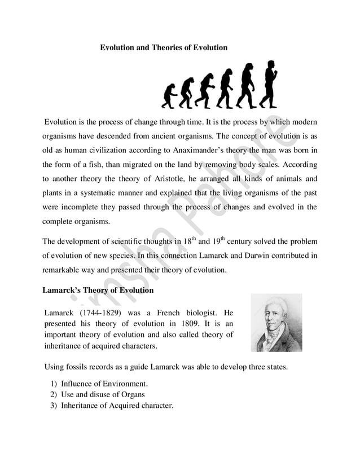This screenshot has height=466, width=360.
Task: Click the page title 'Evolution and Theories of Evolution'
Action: click(164, 48)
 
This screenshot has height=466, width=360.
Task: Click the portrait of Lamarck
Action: click(276, 323)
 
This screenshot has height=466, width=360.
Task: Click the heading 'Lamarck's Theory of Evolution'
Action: click(98, 291)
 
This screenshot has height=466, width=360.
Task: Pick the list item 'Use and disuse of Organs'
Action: click(103, 394)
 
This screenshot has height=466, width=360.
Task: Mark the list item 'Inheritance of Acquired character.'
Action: click(117, 405)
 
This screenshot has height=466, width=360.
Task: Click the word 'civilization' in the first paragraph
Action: click(111, 151)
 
